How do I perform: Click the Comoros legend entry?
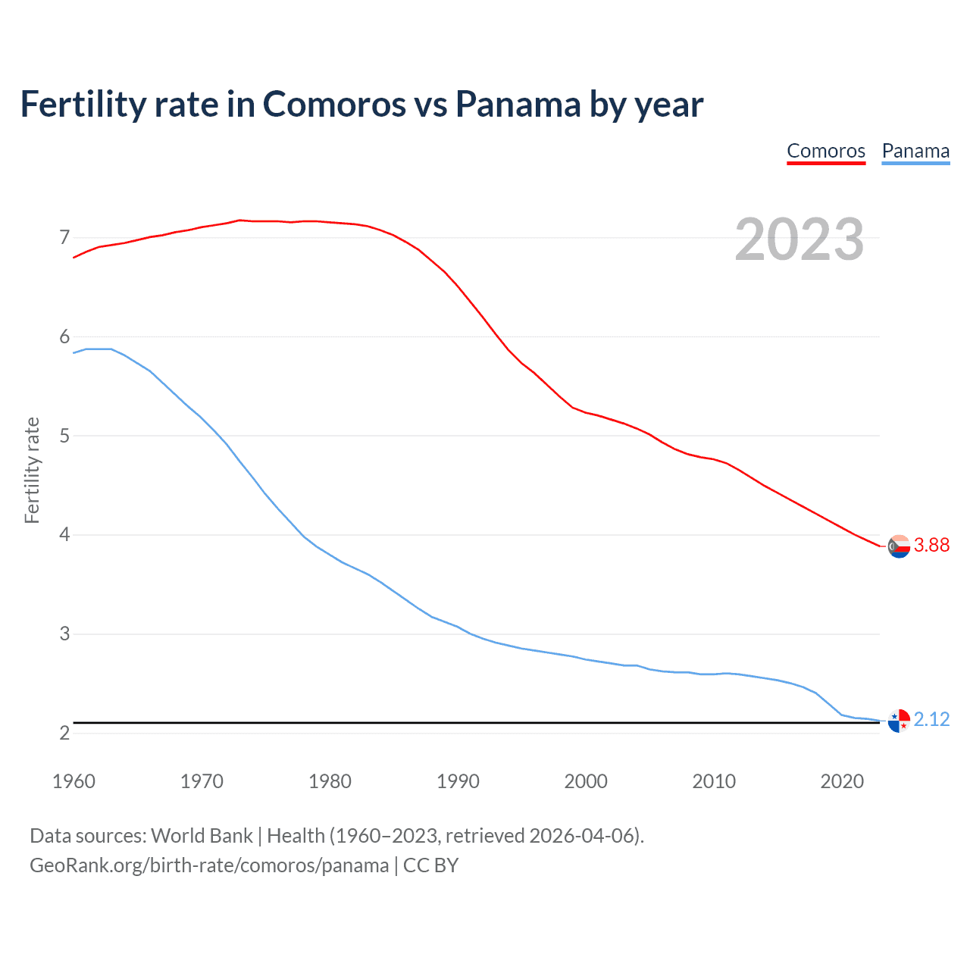click(826, 151)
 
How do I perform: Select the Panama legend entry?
click(915, 151)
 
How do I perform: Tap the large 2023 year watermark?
click(799, 239)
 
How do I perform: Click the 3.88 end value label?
click(931, 545)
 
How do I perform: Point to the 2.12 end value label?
click(931, 719)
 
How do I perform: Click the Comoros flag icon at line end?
click(899, 546)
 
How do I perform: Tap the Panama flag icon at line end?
click(899, 721)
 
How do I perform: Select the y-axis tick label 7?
click(64, 238)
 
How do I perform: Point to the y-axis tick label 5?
click(64, 436)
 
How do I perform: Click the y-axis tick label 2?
click(64, 733)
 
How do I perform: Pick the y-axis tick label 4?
click(64, 535)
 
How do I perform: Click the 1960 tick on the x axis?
click(74, 781)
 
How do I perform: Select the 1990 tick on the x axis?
click(458, 781)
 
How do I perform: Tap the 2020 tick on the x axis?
click(842, 781)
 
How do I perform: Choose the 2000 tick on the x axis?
click(586, 781)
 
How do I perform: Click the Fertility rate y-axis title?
click(32, 470)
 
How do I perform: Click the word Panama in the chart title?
click(518, 104)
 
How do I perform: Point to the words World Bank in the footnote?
click(202, 836)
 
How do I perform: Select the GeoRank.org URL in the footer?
click(209, 865)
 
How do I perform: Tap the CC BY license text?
click(430, 865)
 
